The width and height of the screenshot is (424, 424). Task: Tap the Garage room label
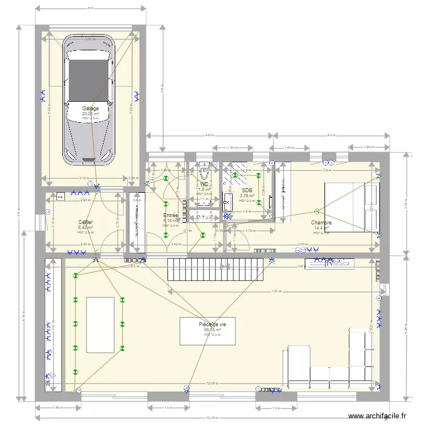pos(90,109)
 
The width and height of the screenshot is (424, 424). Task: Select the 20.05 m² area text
pos(90,114)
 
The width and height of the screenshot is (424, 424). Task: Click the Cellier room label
pos(85,222)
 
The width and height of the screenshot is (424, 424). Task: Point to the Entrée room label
pos(171,215)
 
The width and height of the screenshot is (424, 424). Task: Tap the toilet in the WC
pos(204,170)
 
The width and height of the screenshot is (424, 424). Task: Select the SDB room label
pos(246,191)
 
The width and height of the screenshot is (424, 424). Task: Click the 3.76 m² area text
pos(246,196)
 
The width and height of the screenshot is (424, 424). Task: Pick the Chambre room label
pos(321,223)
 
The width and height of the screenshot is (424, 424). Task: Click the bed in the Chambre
pos(352,207)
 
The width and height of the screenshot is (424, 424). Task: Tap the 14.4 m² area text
pos(321,228)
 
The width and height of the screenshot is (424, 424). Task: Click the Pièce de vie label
pos(209,325)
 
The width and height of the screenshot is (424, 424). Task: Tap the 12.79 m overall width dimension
pos(213,418)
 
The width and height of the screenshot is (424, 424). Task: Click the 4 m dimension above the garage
pos(90,8)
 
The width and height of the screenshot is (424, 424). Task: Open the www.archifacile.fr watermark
pos(377,416)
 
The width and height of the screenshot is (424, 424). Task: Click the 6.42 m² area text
pos(85,228)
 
